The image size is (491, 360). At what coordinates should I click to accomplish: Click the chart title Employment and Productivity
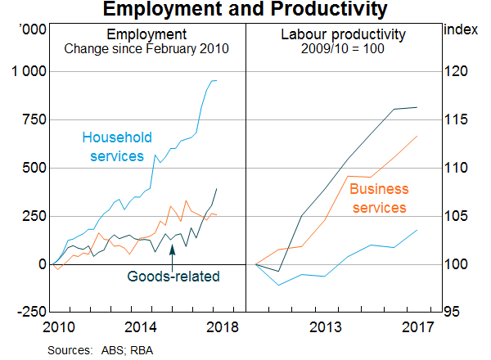(x=245, y=10)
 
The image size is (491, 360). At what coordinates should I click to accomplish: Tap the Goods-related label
(x=173, y=277)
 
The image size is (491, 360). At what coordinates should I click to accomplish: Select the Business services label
(x=379, y=199)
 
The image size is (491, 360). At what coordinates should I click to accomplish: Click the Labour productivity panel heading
(x=343, y=35)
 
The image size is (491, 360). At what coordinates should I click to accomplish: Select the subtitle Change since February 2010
(x=146, y=49)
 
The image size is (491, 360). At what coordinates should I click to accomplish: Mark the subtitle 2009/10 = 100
(x=343, y=49)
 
